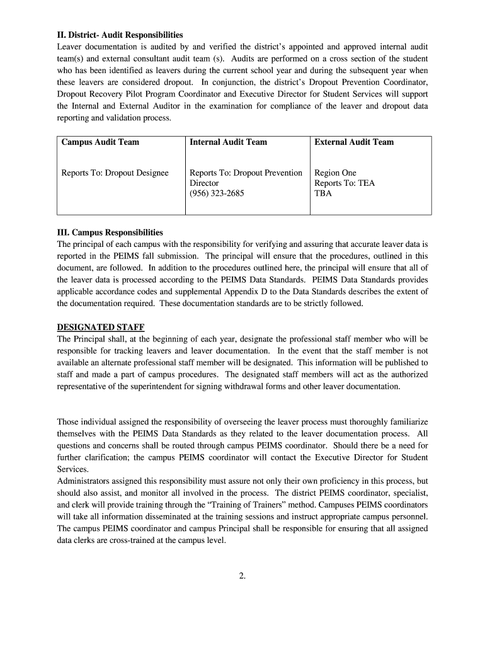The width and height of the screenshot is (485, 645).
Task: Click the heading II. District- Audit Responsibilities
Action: point(120,35)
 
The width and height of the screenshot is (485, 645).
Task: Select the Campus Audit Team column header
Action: point(100,142)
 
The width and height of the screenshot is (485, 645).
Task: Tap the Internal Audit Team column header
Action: point(228,142)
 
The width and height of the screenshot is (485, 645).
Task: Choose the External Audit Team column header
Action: point(354,142)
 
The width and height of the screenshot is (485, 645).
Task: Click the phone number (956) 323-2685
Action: point(217,193)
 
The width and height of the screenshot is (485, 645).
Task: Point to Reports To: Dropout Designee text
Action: point(115,173)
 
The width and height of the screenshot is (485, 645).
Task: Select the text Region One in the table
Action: point(335,173)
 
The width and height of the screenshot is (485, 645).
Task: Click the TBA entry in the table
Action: point(322,193)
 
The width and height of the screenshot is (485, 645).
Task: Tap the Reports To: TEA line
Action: point(344,183)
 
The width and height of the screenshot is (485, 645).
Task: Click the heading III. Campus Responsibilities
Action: point(110,232)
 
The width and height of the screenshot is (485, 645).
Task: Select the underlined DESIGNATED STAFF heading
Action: point(101,327)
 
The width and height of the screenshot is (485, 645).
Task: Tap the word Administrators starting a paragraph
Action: point(83,481)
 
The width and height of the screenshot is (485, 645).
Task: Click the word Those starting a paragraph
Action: point(69,421)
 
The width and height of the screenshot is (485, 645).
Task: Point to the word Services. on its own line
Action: point(71,469)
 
